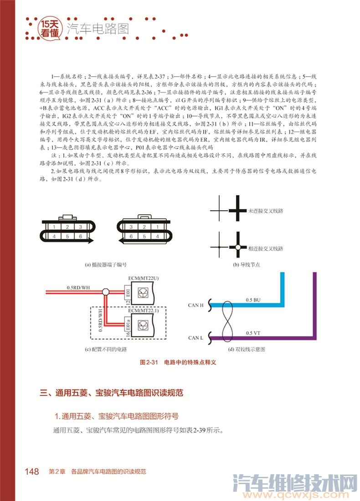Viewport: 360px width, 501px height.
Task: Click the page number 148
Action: pyautogui.click(x=32, y=471)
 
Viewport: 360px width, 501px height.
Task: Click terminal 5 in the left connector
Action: pyautogui.click(x=67, y=237)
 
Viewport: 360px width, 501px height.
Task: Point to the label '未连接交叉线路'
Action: pyautogui.click(x=266, y=212)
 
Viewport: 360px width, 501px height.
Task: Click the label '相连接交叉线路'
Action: pyautogui.click(x=266, y=248)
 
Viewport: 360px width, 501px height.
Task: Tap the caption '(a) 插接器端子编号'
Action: pyautogui.click(x=105, y=264)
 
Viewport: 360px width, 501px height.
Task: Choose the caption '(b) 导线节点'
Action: pyautogui.click(x=247, y=264)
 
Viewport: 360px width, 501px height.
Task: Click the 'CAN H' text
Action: pyautogui.click(x=195, y=305)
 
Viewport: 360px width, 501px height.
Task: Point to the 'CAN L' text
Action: pyautogui.click(x=195, y=338)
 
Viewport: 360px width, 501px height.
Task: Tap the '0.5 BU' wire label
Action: pyautogui.click(x=253, y=300)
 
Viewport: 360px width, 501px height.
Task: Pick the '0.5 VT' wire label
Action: pyautogui.click(x=253, y=333)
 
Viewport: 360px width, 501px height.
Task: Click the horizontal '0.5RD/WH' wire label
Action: pyautogui.click(x=78, y=287)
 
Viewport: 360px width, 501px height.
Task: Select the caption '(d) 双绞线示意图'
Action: pyautogui.click(x=247, y=349)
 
